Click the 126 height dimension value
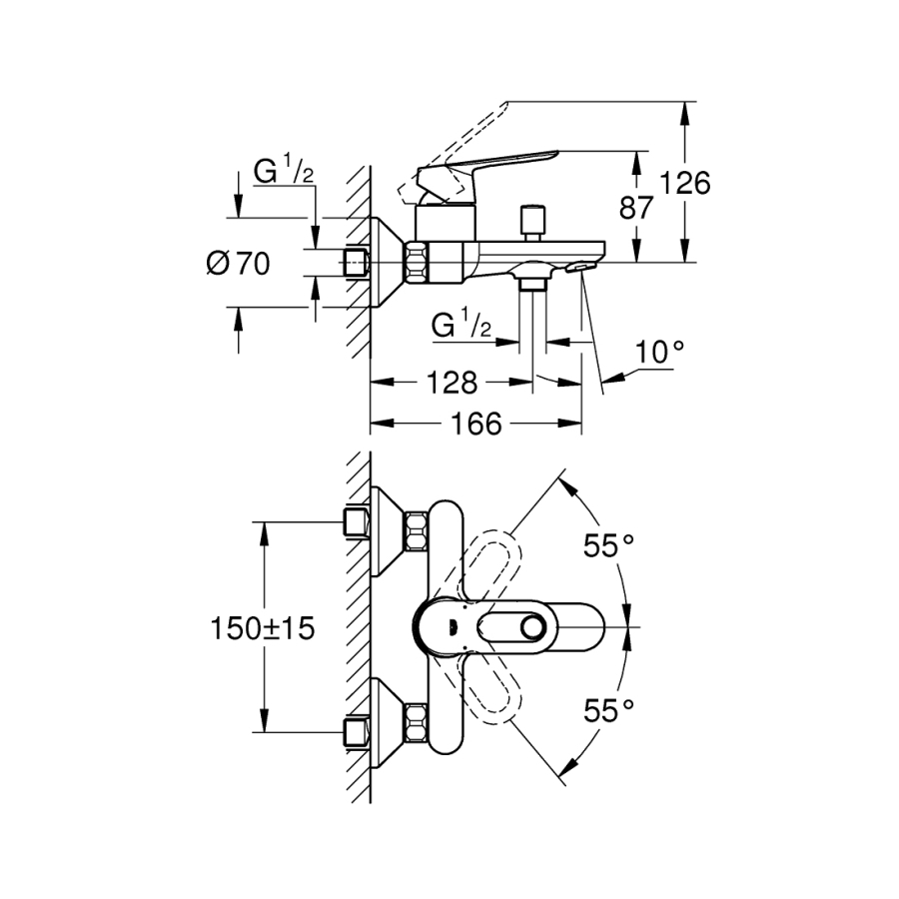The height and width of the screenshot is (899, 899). [684, 184]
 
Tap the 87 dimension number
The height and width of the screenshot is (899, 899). [636, 208]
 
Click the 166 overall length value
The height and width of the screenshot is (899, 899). [475, 424]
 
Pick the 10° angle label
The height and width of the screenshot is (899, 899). [661, 353]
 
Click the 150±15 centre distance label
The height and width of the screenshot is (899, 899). [263, 628]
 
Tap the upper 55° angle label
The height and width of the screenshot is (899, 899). [609, 545]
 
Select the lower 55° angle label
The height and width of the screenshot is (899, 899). [609, 710]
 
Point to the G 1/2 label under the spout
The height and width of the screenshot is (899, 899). [461, 324]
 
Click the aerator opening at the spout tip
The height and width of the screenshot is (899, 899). [578, 267]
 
